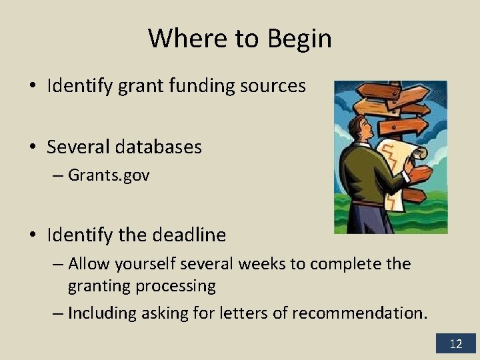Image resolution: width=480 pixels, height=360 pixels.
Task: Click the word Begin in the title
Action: [x=299, y=39]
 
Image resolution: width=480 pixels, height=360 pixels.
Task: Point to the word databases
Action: [x=159, y=147]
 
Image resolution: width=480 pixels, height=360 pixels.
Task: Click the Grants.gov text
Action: [x=109, y=176]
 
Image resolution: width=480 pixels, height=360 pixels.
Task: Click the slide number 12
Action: [x=456, y=344]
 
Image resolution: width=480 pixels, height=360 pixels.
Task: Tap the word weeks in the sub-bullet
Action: [x=261, y=264]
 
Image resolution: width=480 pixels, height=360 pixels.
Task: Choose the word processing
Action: [x=176, y=287]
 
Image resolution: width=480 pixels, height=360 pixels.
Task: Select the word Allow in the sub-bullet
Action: [x=89, y=264]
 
